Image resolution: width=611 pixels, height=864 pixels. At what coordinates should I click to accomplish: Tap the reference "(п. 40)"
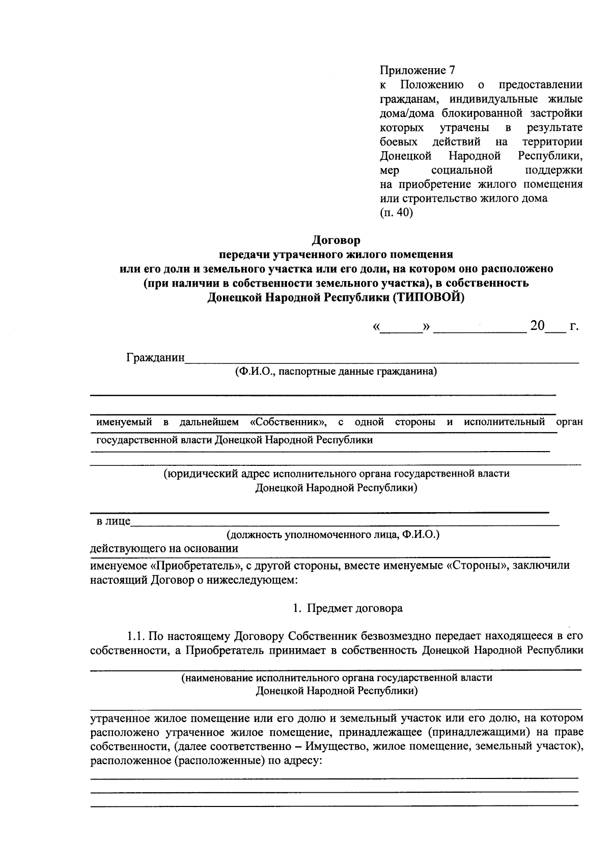point(396,213)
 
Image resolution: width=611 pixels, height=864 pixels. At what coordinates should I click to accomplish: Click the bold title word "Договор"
point(336,239)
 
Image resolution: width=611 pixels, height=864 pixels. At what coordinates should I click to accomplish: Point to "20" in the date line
point(537,325)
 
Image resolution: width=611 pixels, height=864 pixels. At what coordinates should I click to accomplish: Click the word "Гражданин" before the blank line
point(155,357)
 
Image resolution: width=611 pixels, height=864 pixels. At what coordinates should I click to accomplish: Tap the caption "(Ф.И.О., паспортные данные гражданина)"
point(336,372)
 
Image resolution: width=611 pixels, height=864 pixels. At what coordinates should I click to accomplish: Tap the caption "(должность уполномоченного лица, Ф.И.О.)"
point(333,535)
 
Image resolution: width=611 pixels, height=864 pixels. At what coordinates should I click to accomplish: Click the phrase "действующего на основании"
point(164,548)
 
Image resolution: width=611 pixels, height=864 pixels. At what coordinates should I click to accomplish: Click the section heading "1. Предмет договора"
point(348,608)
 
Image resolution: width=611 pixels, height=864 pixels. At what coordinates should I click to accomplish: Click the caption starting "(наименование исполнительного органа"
point(337,678)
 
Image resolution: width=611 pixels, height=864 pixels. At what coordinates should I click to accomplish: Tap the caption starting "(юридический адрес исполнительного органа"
point(336,473)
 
